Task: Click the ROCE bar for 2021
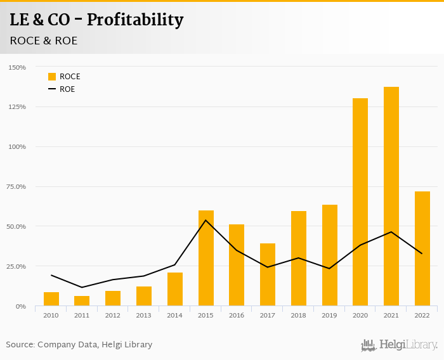pyautogui.click(x=391, y=196)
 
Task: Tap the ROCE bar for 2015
pyautogui.click(x=206, y=258)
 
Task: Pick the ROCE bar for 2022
pyautogui.click(x=422, y=248)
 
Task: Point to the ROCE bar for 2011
pyautogui.click(x=82, y=301)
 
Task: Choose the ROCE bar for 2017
pyautogui.click(x=268, y=274)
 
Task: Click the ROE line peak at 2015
pyautogui.click(x=206, y=220)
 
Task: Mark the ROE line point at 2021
pyautogui.click(x=391, y=232)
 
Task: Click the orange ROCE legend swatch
pyautogui.click(x=52, y=77)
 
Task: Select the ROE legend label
pyautogui.click(x=67, y=89)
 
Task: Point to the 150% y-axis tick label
pyautogui.click(x=17, y=67)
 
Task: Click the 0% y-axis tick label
pyautogui.click(x=20, y=306)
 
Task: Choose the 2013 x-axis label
pyautogui.click(x=144, y=315)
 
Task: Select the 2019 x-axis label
pyautogui.click(x=329, y=315)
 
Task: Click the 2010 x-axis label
pyautogui.click(x=51, y=315)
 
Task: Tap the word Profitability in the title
pyautogui.click(x=135, y=20)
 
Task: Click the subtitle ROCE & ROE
pyautogui.click(x=43, y=41)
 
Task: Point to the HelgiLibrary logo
pyautogui.click(x=399, y=345)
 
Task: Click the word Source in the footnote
pyautogui.click(x=20, y=345)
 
